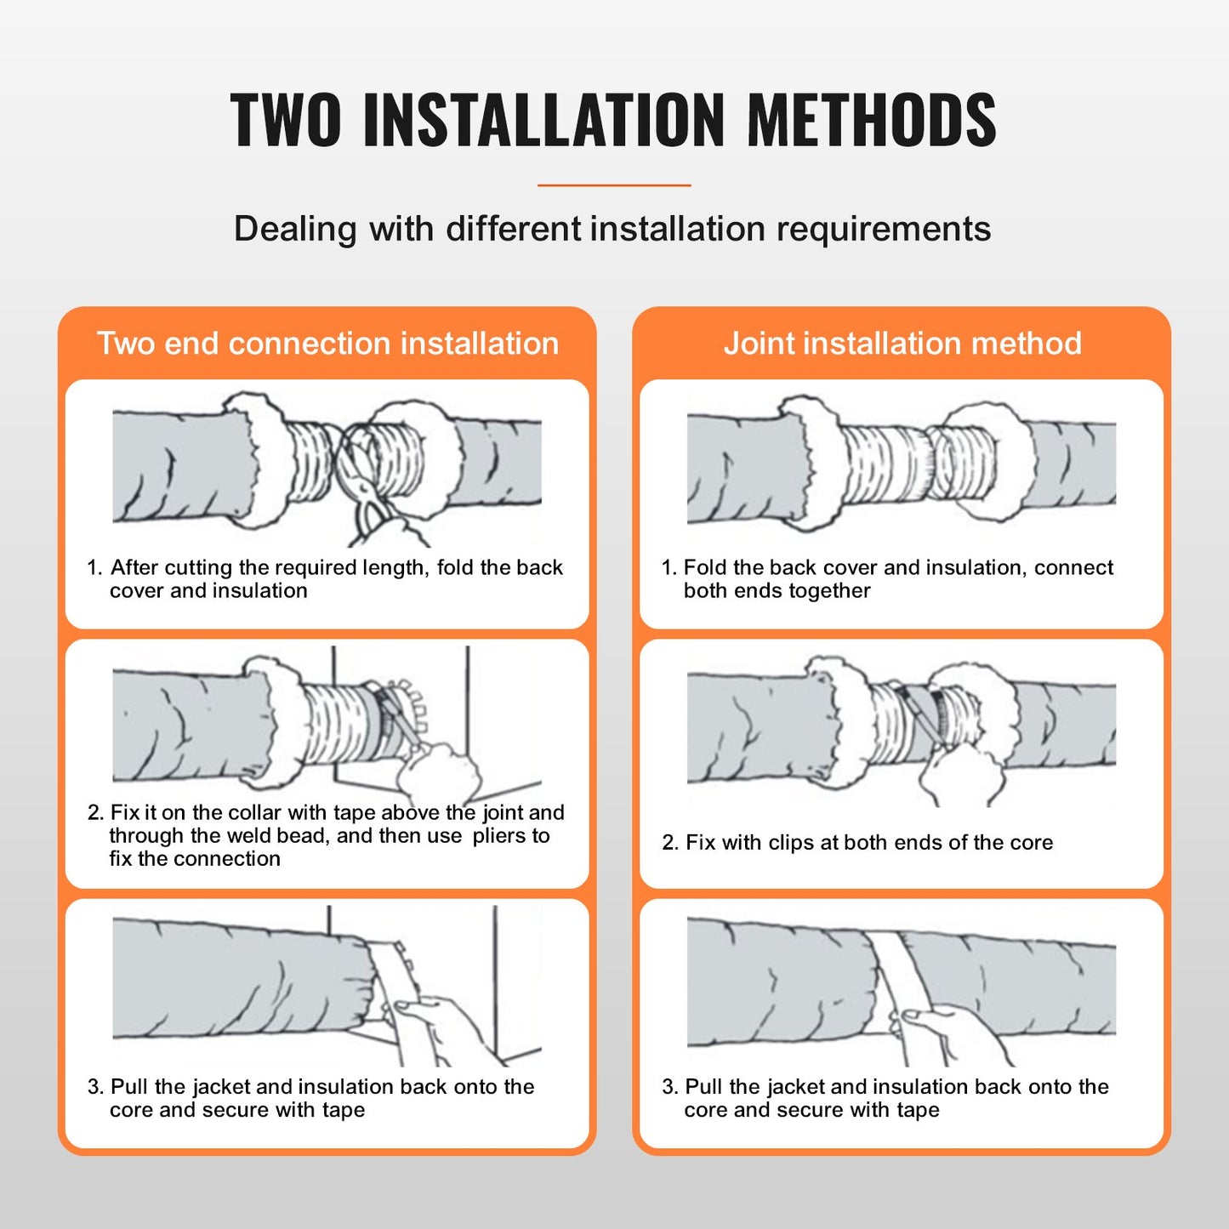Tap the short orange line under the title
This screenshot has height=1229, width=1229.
[614, 185]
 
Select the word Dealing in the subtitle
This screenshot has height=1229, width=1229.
[295, 230]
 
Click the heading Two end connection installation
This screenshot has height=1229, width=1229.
[327, 344]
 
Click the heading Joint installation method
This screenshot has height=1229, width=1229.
[902, 344]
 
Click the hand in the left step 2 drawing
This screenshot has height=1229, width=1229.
[438, 770]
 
